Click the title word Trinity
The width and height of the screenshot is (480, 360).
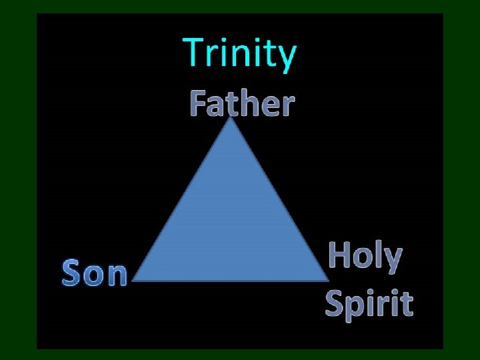pos(239,54)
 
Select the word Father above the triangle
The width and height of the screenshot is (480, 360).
pos(241,103)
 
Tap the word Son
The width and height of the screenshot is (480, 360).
pos(94,273)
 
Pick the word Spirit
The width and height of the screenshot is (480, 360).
pos(369,303)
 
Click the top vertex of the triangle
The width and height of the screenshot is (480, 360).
pos(231,120)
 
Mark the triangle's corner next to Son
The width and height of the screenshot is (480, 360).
pos(136,280)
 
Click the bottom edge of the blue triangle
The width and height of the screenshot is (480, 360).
pos(231,280)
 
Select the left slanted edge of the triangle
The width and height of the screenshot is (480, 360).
pos(183,200)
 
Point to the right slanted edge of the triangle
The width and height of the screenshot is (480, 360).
pos(279,200)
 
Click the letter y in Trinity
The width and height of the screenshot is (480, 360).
pos(285,58)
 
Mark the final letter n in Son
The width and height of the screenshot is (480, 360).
pos(116,275)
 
